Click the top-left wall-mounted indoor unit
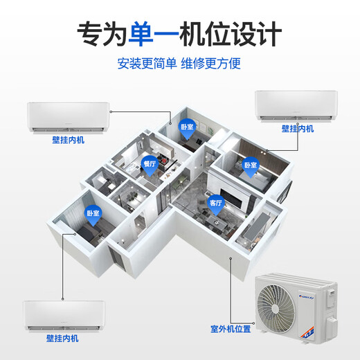[69, 116]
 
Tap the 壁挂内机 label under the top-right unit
[298, 129]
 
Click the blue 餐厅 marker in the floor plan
[150, 164]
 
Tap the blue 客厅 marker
[215, 203]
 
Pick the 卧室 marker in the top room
[186, 128]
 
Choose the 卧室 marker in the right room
[249, 166]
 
